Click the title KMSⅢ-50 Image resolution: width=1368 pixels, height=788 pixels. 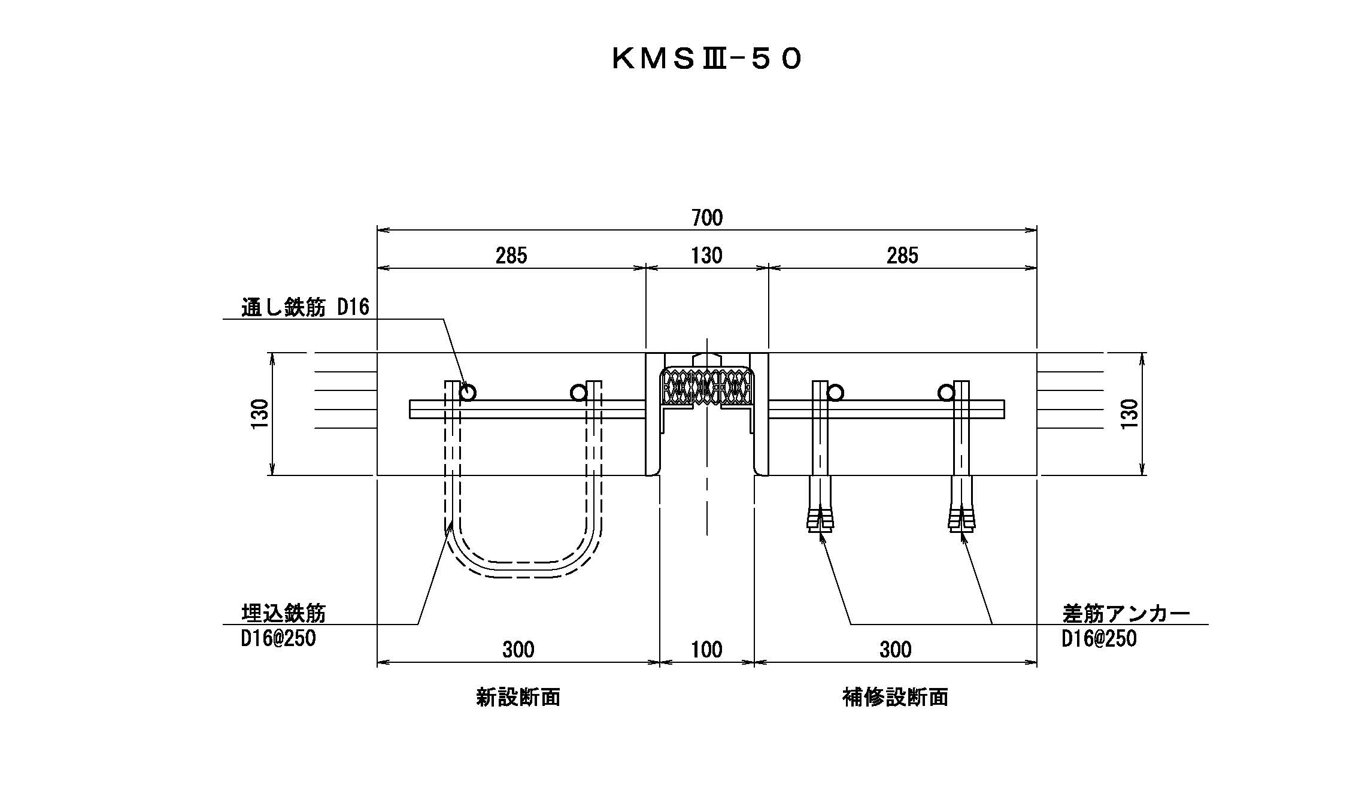click(x=706, y=60)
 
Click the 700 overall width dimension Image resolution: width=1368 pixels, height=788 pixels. click(x=707, y=218)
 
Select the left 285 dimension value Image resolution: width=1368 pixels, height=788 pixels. click(x=511, y=256)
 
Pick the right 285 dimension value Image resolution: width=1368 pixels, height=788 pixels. click(x=902, y=256)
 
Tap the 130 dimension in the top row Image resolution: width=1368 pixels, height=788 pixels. click(x=707, y=256)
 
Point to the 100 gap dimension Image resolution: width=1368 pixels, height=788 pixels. click(x=707, y=650)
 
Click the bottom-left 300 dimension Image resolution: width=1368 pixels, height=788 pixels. click(x=518, y=650)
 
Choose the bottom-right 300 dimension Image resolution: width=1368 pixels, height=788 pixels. click(x=896, y=650)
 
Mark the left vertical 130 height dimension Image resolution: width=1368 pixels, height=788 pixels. click(x=260, y=413)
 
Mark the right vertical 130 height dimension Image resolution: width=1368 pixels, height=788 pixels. click(x=1129, y=413)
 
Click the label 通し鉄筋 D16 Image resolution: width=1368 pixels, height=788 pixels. click(x=305, y=308)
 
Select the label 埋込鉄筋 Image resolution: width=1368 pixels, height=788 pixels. click(x=284, y=614)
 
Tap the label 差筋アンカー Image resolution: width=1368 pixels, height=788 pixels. click(x=1126, y=614)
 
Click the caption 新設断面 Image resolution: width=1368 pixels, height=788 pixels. click(x=518, y=697)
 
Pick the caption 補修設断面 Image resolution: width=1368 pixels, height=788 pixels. click(x=895, y=697)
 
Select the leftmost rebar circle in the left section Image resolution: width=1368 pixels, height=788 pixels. click(x=468, y=393)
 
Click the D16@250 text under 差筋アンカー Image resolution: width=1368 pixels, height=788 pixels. click(x=1099, y=639)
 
